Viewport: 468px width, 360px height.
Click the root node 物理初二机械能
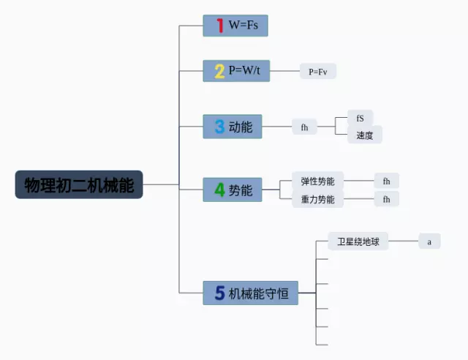[x=79, y=184]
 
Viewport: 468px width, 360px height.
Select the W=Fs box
[x=235, y=26]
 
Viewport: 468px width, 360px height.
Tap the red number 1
[x=219, y=26]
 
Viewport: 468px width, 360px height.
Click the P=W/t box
[x=236, y=71]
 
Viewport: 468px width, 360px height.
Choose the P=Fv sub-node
[x=318, y=71]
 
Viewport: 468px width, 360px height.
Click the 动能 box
[x=233, y=127]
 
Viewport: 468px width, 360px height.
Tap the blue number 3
[x=219, y=127]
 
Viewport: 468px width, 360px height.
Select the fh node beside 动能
[x=304, y=127]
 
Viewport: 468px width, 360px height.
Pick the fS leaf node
[x=360, y=118]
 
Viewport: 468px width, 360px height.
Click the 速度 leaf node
[x=364, y=135]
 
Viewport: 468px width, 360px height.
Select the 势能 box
[x=233, y=190]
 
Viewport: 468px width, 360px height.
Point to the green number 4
[x=219, y=190]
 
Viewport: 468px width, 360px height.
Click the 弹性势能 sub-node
[x=317, y=181]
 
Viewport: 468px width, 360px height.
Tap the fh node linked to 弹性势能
[x=386, y=181]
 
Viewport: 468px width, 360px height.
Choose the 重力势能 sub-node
[x=317, y=199]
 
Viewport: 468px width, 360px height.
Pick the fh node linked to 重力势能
[x=386, y=199]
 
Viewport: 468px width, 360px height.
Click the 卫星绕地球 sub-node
[x=358, y=241]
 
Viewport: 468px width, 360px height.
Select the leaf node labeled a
[x=429, y=241]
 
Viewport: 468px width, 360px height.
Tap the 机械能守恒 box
[x=251, y=293]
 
